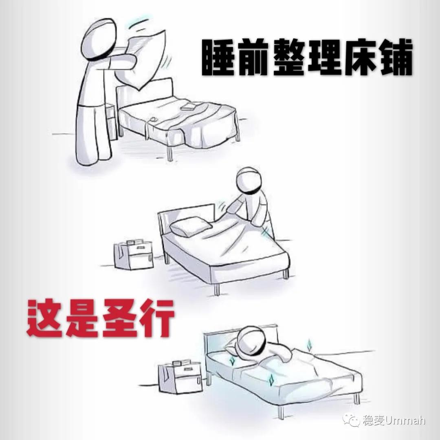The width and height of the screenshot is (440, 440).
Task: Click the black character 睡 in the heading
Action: point(218,58)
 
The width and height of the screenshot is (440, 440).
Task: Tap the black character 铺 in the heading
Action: point(395,58)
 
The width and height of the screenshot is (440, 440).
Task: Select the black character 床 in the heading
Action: point(360,58)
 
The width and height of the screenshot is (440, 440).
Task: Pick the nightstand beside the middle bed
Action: point(134,255)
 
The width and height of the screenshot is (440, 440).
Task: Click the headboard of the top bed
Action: point(145,93)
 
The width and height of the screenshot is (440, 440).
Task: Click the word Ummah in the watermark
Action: point(405,420)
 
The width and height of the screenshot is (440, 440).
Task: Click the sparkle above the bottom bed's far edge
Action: point(310,345)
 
